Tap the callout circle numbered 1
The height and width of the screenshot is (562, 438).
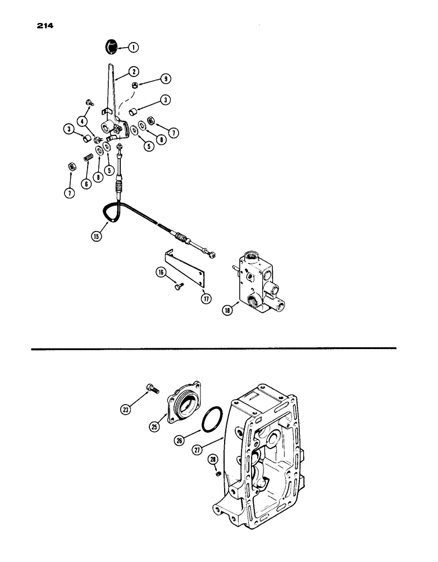[x=133, y=48]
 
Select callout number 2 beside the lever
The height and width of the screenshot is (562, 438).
[x=134, y=71]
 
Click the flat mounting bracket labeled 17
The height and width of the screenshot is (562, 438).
[x=182, y=268]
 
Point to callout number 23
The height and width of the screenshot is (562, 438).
[x=126, y=411]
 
